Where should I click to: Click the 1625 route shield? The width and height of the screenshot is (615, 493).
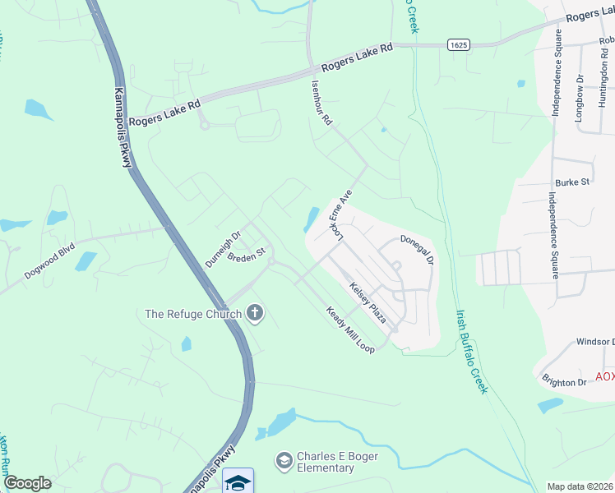tap(459, 43)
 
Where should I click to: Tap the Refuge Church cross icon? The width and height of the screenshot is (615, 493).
tap(255, 312)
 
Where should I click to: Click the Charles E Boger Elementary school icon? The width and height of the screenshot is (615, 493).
tap(284, 460)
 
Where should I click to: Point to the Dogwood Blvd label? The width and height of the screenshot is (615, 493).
tap(49, 260)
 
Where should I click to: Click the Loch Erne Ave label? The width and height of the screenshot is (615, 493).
tap(340, 216)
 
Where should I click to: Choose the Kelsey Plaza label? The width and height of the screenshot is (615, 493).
tap(368, 302)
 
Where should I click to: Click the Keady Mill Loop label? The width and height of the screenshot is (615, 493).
tap(350, 329)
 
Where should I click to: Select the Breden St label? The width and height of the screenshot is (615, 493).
tap(247, 256)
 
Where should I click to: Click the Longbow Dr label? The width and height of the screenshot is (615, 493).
tap(580, 99)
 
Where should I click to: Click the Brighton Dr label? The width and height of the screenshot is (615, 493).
tap(563, 380)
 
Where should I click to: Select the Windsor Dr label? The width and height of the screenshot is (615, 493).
tap(595, 342)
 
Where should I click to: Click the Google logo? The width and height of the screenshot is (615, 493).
tap(27, 483)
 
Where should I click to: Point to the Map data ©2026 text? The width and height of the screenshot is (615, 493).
tap(580, 486)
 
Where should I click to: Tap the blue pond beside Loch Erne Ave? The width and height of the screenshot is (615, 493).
tap(312, 219)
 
